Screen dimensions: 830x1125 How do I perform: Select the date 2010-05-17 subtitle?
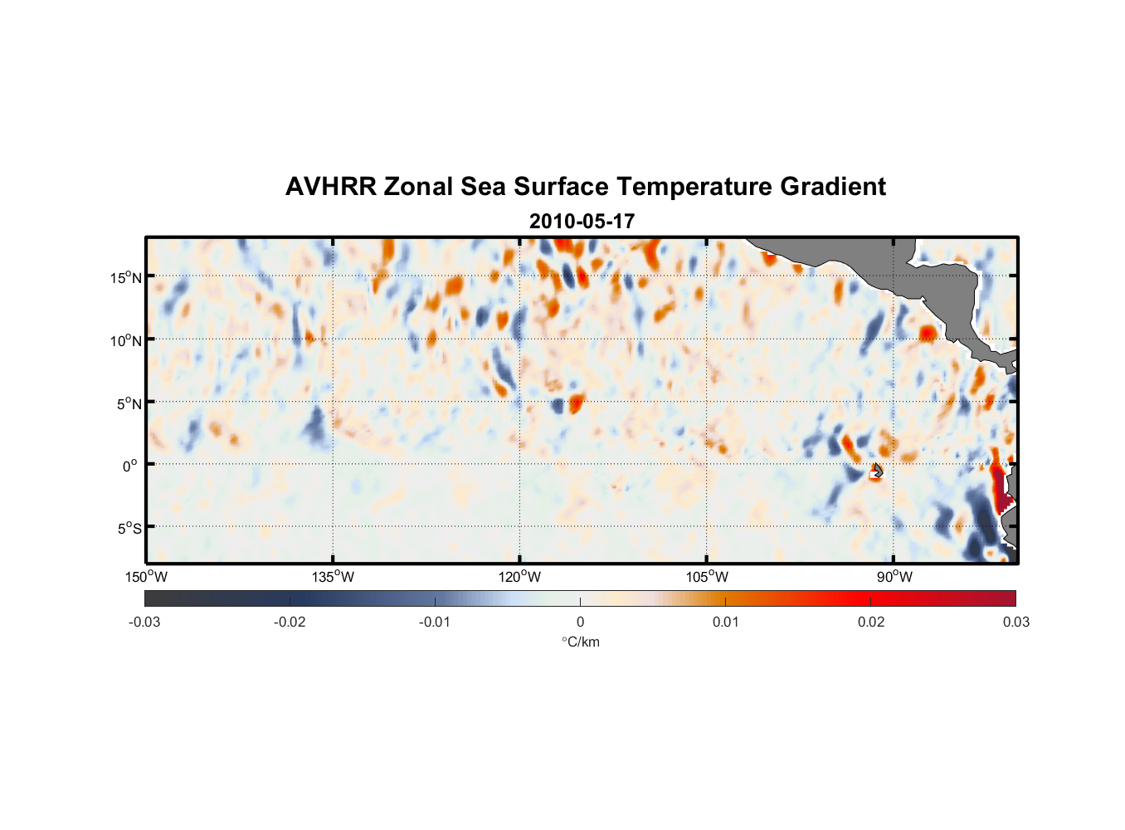(582, 222)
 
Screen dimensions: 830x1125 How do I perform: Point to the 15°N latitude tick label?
(126, 277)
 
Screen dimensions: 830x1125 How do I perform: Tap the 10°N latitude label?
(126, 340)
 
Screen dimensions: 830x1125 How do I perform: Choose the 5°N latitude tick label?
(129, 403)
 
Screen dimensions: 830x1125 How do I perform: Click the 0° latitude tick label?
(130, 466)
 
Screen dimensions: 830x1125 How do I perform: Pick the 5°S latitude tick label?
(129, 529)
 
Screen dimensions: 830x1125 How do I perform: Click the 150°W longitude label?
(146, 577)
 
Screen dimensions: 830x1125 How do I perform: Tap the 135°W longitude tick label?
(333, 577)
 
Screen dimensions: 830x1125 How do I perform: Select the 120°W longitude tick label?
(520, 577)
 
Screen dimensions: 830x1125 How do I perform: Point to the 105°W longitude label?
(707, 577)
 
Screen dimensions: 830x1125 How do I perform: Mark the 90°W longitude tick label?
(894, 577)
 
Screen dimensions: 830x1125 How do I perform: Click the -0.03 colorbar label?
(144, 622)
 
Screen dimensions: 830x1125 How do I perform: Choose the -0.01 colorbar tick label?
(435, 622)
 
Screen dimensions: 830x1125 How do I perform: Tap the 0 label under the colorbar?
(580, 622)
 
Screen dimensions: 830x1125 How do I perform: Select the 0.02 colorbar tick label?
(871, 622)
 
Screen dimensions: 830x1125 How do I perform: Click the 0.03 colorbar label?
(1015, 622)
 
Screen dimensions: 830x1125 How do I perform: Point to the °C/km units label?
(581, 642)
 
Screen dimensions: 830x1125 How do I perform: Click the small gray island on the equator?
(877, 471)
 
